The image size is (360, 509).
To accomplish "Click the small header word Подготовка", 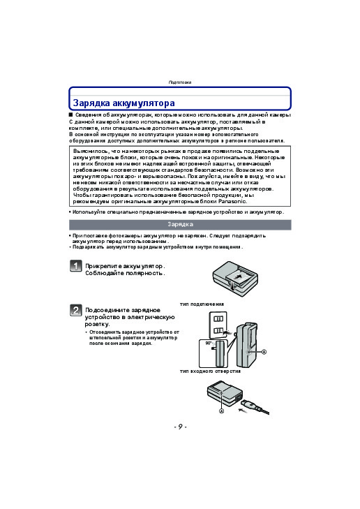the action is (x=180, y=82).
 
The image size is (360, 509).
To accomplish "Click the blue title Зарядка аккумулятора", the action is (x=124, y=103).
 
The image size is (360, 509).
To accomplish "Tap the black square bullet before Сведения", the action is (x=70, y=115).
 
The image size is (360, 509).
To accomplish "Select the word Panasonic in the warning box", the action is (x=232, y=201).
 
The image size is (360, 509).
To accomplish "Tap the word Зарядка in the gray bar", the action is (x=180, y=224).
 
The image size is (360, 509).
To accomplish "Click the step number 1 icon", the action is (x=75, y=265).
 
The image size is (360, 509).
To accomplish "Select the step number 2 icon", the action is (x=75, y=310).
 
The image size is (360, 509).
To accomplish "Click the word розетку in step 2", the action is (x=97, y=324).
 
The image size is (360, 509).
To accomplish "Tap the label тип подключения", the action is (x=202, y=304).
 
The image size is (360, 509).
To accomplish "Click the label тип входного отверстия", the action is (x=210, y=371).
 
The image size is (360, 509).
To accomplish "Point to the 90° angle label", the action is (x=208, y=343).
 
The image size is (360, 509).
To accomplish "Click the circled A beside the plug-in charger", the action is (x=264, y=352).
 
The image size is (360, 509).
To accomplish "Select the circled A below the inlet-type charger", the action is (x=222, y=411).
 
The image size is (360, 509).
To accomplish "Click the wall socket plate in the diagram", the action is (x=218, y=325).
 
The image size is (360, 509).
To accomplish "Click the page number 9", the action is (x=180, y=427).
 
